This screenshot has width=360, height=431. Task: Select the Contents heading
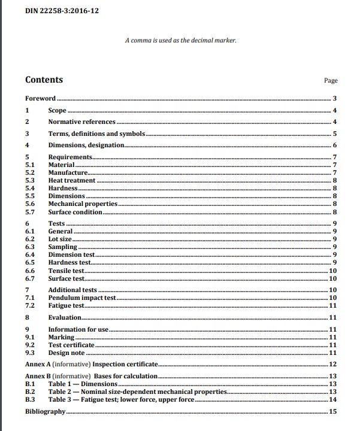click(x=44, y=80)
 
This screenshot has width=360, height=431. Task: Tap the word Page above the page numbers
click(x=331, y=81)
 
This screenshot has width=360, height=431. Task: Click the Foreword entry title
click(x=40, y=98)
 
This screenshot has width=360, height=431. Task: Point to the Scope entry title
click(x=57, y=111)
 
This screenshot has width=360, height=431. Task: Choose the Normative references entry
click(x=81, y=122)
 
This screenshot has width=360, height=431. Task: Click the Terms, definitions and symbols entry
click(x=96, y=134)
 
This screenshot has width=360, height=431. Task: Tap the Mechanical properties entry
click(x=83, y=204)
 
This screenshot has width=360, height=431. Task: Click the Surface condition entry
click(x=75, y=212)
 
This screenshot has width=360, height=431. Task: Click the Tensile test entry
click(x=66, y=271)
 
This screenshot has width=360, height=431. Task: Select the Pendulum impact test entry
click(x=81, y=298)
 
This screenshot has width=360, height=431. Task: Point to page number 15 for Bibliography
click(x=334, y=412)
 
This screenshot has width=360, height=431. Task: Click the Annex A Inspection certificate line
click(x=92, y=364)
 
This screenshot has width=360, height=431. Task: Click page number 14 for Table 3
click(x=334, y=399)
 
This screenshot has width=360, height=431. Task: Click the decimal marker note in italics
click(x=180, y=40)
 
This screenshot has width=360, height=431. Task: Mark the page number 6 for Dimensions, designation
click(x=335, y=145)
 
